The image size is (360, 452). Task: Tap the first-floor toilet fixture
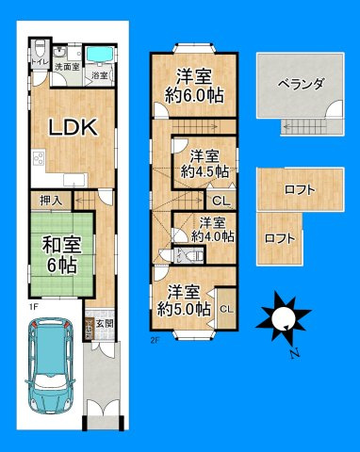point(36,49)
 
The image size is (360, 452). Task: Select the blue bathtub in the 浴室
point(98,52)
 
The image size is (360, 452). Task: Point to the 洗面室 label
point(66,67)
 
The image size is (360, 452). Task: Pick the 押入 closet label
point(51,201)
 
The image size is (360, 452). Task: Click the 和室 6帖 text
point(57,252)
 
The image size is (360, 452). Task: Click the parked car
point(51,368)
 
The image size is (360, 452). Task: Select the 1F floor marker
point(31,307)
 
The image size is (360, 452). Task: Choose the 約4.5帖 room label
point(205,164)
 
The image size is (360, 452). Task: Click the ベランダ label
point(301,84)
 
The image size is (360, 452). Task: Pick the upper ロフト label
point(300,189)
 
